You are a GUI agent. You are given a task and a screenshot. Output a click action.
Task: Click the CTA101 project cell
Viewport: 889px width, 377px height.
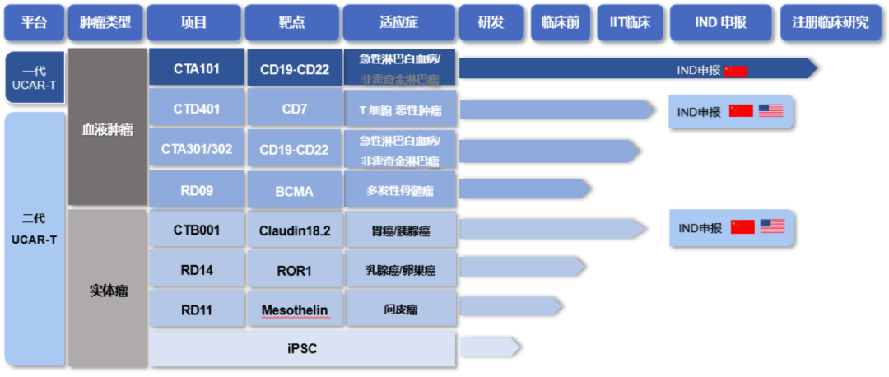[197, 68]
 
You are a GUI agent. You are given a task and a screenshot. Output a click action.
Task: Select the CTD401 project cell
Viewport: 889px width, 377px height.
[197, 109]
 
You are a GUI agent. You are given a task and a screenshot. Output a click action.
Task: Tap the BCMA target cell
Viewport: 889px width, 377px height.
[294, 191]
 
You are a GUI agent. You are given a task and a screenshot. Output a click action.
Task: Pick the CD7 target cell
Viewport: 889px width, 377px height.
[294, 109]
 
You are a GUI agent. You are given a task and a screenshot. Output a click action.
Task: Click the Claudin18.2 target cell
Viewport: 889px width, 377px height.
[294, 230]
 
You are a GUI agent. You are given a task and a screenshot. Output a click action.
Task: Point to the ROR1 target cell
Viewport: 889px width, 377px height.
[294, 269]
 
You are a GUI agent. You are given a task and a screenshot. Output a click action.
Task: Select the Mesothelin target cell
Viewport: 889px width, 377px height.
[294, 310]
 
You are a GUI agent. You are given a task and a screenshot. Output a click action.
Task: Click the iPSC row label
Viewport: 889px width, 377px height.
[302, 349]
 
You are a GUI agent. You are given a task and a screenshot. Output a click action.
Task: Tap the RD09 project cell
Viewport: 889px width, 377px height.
[197, 191]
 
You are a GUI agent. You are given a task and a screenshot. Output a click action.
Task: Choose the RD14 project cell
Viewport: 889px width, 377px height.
[197, 269]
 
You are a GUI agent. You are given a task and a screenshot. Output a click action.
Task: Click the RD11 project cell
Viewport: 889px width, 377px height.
[197, 310]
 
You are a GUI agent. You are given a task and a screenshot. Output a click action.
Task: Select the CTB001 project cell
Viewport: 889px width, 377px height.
[197, 230]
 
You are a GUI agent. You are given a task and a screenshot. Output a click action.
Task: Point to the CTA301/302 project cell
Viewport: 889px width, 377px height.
[197, 150]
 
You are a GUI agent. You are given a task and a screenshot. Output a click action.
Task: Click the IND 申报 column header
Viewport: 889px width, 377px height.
[720, 22]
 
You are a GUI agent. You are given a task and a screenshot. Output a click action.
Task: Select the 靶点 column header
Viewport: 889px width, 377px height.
[292, 22]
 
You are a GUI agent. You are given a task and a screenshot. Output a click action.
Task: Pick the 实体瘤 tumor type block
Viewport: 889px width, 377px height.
[107, 291]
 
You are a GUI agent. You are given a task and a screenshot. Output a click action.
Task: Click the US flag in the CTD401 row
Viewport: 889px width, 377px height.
[770, 110]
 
